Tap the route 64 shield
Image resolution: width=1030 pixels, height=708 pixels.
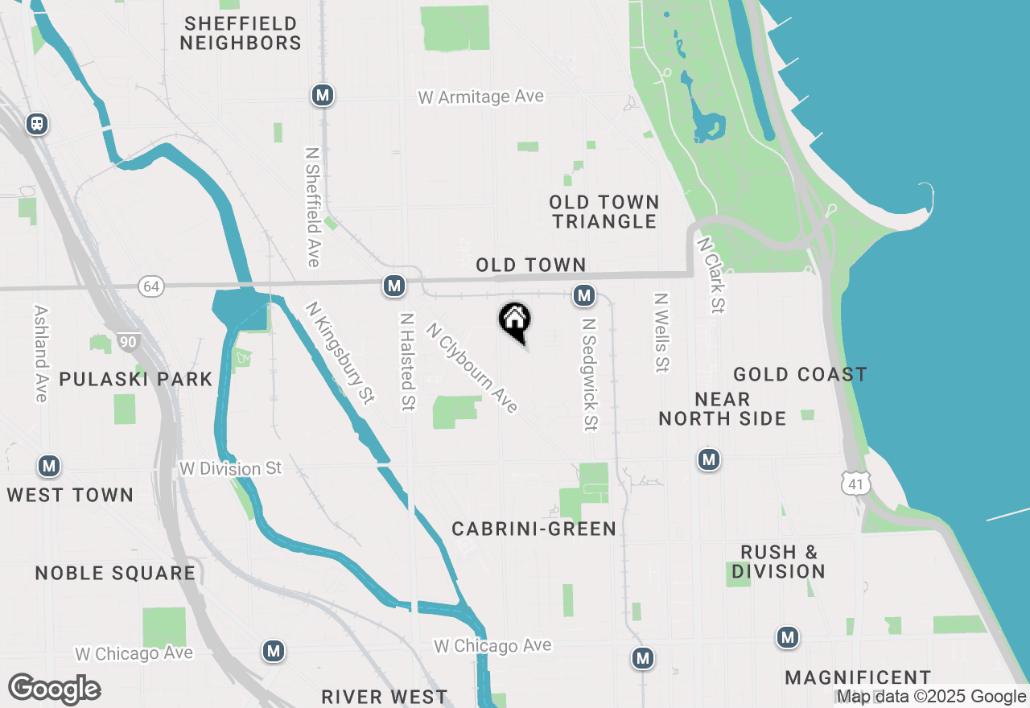[x=150, y=286]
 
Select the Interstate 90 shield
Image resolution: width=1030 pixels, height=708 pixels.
[x=128, y=342]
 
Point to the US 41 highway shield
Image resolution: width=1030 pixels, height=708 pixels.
[x=853, y=482]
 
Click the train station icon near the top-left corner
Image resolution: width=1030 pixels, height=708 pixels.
[x=37, y=124]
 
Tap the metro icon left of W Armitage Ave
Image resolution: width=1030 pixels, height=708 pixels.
[x=323, y=96]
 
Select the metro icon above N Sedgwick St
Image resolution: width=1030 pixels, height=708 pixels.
[x=584, y=295]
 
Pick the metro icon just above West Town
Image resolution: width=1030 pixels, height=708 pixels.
[x=49, y=466]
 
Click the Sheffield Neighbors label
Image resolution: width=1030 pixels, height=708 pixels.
[x=240, y=33]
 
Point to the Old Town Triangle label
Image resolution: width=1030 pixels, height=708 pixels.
[x=604, y=212]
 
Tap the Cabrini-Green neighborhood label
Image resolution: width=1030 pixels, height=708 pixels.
[x=534, y=529]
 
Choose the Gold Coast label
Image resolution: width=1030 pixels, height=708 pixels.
[x=800, y=374]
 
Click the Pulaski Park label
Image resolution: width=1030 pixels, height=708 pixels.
[x=136, y=379]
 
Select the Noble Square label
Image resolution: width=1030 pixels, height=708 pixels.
[x=116, y=573]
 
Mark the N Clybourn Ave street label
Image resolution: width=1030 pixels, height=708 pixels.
[x=472, y=368]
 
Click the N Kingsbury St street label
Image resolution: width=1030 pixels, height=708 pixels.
[x=340, y=352]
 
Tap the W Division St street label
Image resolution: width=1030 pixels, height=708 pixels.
[x=231, y=468]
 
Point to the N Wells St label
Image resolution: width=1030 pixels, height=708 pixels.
[x=661, y=332]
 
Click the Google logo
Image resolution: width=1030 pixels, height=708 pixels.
[x=55, y=689]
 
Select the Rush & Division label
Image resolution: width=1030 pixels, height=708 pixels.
[x=778, y=562]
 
